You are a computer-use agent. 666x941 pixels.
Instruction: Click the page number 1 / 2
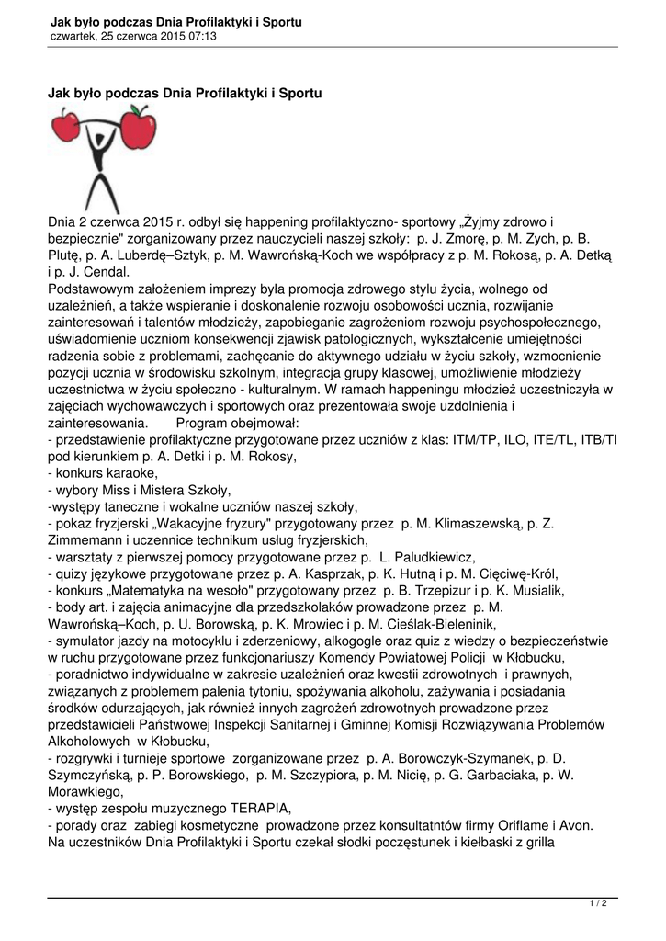pyautogui.click(x=598, y=904)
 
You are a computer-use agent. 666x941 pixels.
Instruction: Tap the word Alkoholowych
pyautogui.click(x=89, y=741)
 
